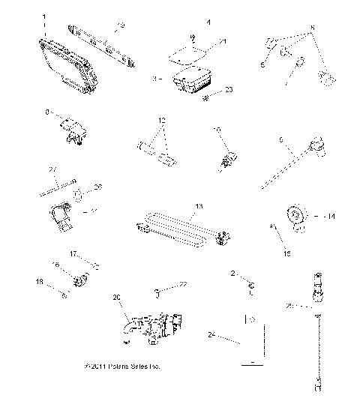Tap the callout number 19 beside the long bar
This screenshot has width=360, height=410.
tap(121, 26)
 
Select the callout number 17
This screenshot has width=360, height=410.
tap(73, 254)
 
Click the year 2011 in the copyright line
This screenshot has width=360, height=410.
tap(102, 367)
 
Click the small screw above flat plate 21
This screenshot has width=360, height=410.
tap(193, 38)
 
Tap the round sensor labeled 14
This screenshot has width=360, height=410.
tap(298, 217)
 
